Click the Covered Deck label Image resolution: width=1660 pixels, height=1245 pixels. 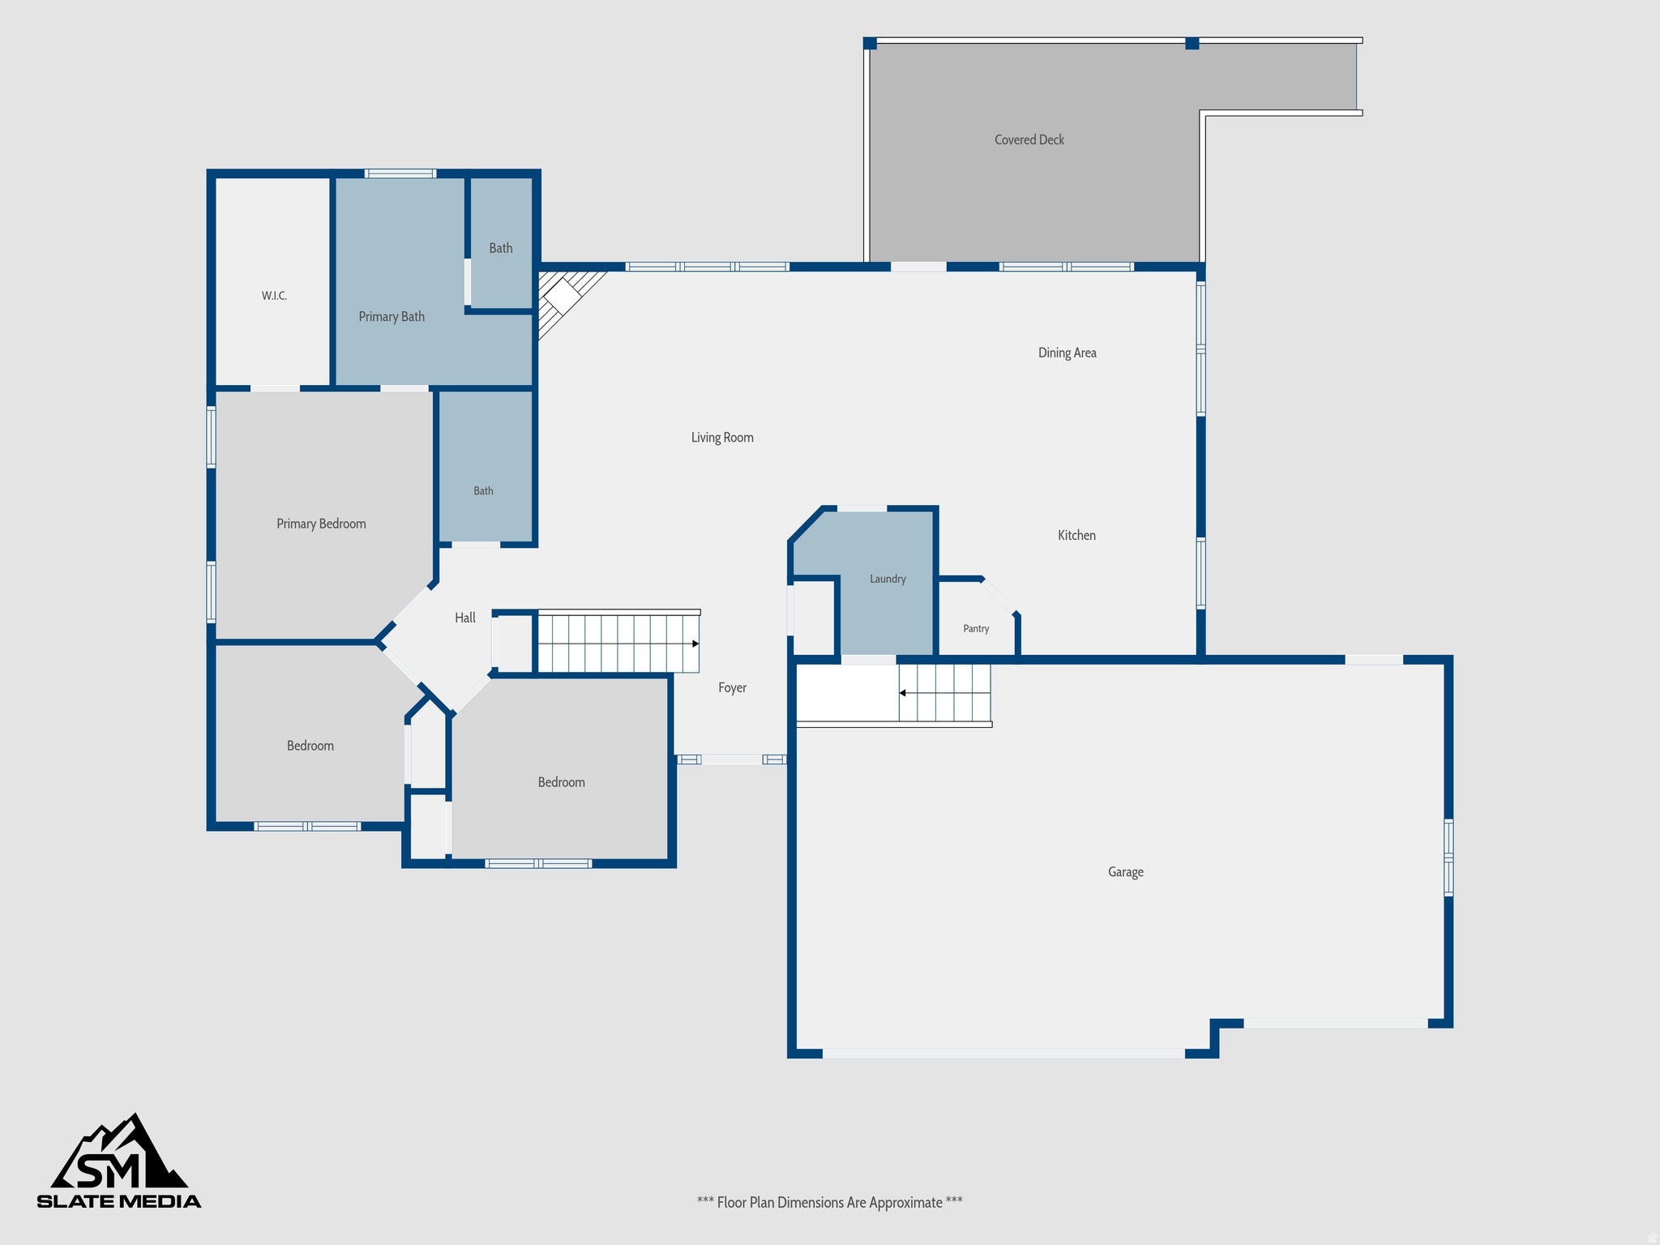tap(1029, 139)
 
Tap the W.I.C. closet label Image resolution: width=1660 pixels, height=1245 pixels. tap(274, 296)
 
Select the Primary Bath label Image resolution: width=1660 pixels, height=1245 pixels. tap(391, 317)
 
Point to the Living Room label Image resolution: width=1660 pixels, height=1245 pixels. tap(722, 438)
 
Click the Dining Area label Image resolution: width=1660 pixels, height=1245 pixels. tap(1067, 353)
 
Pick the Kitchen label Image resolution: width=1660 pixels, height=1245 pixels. tap(1076, 535)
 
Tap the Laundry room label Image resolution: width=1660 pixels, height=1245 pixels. tap(888, 579)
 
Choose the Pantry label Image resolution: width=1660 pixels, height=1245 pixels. tap(976, 628)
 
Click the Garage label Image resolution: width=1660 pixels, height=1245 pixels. tap(1126, 872)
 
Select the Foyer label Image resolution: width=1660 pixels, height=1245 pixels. tap(732, 688)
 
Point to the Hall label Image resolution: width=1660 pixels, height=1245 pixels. tap(465, 618)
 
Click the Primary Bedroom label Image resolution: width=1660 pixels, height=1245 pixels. tap(321, 524)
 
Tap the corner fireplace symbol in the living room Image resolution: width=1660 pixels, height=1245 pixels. tap(563, 296)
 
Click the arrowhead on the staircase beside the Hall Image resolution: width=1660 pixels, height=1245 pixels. tap(695, 644)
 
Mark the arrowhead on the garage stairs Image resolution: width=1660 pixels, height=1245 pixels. tap(902, 693)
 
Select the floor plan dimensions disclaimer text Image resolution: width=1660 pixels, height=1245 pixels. tap(830, 1203)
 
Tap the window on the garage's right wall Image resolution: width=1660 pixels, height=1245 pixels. tap(1448, 858)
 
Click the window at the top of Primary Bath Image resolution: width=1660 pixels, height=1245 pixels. tap(400, 173)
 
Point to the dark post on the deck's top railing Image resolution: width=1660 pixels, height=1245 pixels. tap(1192, 43)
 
